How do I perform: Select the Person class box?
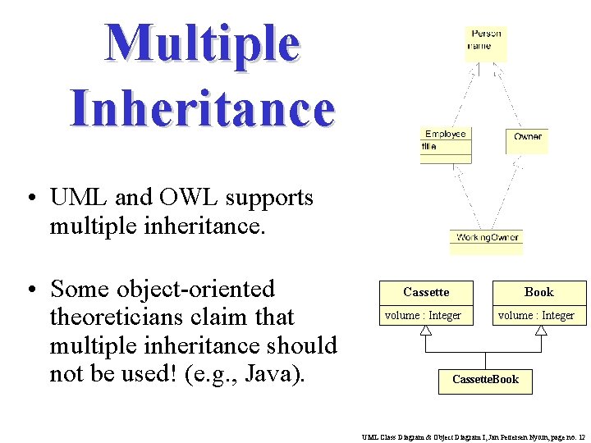pos(486,43)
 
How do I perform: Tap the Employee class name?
pos(445,135)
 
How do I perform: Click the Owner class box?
pos(527,140)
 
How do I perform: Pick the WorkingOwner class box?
pos(488,238)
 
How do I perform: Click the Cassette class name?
pos(426,292)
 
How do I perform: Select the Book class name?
pos(538,292)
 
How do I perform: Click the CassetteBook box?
pos(485,381)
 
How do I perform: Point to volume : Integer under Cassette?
pos(423,315)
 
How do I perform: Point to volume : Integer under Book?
pos(536,315)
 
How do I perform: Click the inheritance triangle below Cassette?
pos(425,331)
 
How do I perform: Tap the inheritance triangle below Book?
pos(541,331)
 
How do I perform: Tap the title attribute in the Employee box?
pos(429,147)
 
